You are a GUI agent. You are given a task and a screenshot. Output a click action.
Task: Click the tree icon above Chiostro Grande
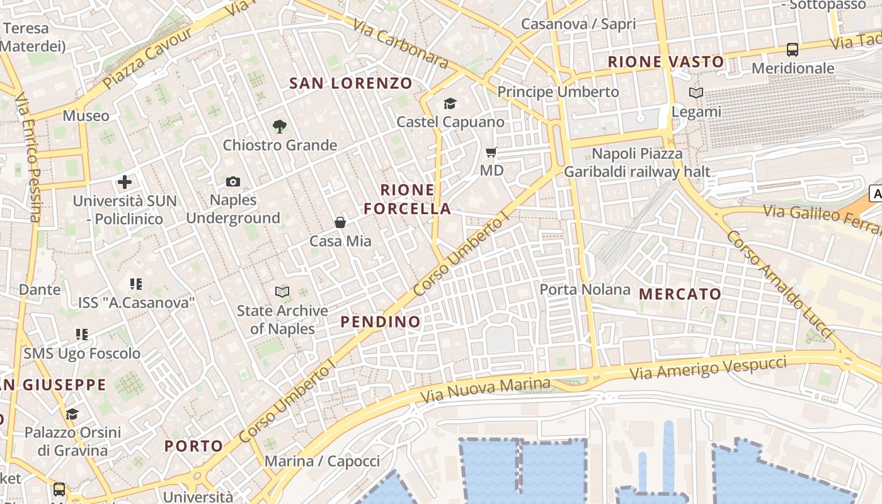point(280,127)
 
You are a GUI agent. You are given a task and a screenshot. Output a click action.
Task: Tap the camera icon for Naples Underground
point(233,182)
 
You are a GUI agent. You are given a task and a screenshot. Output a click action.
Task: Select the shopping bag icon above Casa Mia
point(340,222)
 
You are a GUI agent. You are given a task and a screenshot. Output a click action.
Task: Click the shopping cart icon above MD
point(491,152)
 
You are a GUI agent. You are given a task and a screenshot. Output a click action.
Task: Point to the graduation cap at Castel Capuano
point(450,103)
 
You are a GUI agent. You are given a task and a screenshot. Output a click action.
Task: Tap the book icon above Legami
point(696,93)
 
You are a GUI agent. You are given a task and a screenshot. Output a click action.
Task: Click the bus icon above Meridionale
point(793,49)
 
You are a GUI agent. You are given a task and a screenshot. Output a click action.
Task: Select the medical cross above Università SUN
point(125,183)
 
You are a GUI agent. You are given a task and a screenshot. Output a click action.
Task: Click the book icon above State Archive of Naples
point(282,292)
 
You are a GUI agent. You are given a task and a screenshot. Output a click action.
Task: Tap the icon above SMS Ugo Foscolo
point(82,334)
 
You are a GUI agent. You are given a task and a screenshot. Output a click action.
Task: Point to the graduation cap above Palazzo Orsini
point(72,414)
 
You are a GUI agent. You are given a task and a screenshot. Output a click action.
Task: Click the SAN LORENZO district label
point(351,83)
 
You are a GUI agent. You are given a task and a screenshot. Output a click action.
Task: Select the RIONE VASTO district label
point(666,62)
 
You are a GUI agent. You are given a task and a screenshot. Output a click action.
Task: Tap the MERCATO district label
point(680,294)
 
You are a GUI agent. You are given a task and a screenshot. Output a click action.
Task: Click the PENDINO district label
point(381,322)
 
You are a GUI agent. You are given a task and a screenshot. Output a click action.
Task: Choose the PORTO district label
point(194,446)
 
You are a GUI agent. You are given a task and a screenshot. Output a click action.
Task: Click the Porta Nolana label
point(585,290)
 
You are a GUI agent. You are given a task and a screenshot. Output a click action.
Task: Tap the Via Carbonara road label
point(400,43)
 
